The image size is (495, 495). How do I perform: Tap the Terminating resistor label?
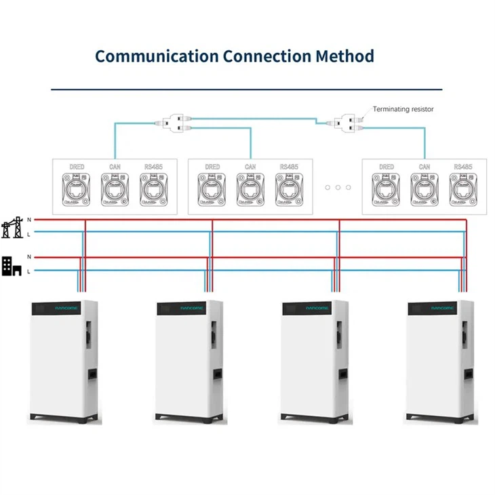[403, 108]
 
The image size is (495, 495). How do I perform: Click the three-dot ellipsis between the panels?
[338, 187]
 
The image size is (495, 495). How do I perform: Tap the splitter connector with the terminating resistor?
[346, 122]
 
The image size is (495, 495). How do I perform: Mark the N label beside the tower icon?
[28, 220]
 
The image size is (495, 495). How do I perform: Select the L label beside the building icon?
[28, 271]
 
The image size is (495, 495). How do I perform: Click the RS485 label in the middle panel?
[289, 167]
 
